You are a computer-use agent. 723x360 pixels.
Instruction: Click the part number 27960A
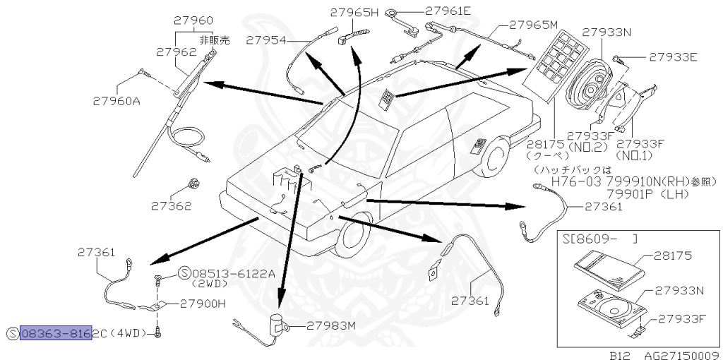(116, 101)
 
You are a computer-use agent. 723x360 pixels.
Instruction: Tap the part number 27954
(266, 41)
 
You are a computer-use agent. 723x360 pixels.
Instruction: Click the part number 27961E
(448, 11)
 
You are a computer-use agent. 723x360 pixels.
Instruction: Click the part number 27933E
(674, 56)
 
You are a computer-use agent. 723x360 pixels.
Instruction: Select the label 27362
(170, 207)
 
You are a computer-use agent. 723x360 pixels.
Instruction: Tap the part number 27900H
(202, 304)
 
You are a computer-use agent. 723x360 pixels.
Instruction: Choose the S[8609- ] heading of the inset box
(599, 239)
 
